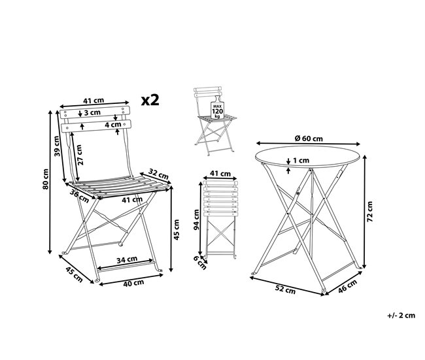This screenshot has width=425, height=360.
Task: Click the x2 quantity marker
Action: coord(150,99)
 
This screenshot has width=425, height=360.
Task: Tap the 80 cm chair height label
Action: coord(46,181)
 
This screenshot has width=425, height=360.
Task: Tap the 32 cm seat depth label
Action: coord(159,174)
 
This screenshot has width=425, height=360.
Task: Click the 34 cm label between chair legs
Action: coord(126,259)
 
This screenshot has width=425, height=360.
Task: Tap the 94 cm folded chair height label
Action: coord(195,220)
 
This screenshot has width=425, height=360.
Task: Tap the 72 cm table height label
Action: coord(369,212)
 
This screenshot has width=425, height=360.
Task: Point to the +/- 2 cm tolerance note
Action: coord(401,316)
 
